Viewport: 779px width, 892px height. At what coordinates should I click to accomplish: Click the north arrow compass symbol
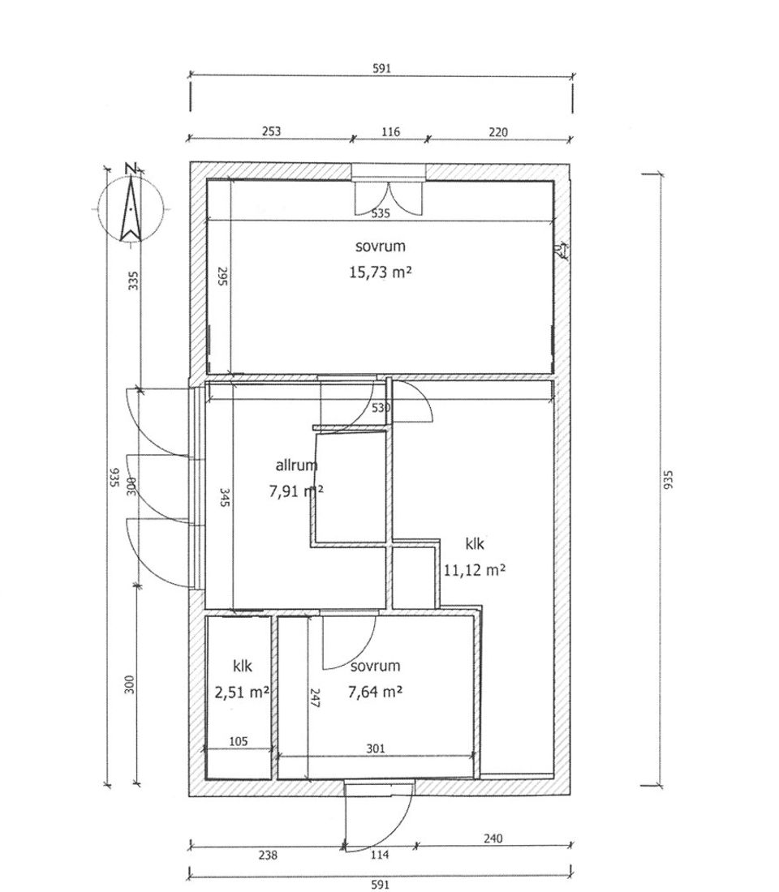[x=131, y=207]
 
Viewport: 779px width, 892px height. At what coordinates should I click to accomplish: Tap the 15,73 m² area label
[x=380, y=272]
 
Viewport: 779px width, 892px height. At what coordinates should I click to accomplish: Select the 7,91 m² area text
[x=296, y=491]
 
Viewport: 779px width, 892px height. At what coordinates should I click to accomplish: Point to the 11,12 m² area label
[x=475, y=569]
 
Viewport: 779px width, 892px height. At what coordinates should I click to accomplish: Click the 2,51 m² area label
[x=242, y=693]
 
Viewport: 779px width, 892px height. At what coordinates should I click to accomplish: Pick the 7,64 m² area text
[x=375, y=692]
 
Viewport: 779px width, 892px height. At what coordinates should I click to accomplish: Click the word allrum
[x=296, y=465]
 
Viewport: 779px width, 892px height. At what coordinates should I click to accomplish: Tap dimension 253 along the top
[x=272, y=131]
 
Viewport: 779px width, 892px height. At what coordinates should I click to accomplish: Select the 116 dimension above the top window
[x=390, y=132]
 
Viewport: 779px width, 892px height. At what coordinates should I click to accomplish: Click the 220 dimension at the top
[x=497, y=132]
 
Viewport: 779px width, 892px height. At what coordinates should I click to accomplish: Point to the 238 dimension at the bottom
[x=268, y=855]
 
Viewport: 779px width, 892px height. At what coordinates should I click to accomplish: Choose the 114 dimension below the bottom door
[x=380, y=855]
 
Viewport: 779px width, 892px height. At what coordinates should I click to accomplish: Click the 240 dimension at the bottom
[x=493, y=838]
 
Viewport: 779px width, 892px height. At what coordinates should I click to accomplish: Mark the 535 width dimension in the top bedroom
[x=381, y=213]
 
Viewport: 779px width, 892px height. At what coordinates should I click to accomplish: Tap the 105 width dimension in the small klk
[x=239, y=741]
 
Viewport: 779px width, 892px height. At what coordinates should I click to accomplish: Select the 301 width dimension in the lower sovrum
[x=375, y=748]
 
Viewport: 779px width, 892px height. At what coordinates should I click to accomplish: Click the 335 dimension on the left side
[x=133, y=281]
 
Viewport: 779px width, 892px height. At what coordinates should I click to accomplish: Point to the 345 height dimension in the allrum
[x=224, y=498]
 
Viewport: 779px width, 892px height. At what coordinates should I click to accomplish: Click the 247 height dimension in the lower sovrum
[x=315, y=698]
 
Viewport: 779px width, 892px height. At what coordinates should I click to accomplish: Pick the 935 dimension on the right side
[x=669, y=479]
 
